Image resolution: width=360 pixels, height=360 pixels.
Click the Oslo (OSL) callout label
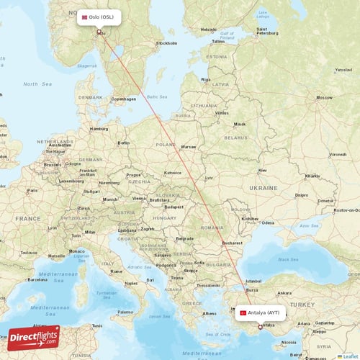click(x=100, y=17)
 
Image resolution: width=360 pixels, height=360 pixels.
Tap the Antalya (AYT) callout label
click(x=260, y=313)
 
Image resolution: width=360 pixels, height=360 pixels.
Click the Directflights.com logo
click(x=34, y=338)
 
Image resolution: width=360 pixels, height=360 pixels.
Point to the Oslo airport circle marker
click(x=99, y=32)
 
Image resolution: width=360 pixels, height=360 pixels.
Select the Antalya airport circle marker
click(x=261, y=327)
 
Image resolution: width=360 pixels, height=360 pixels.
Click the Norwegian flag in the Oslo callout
click(x=85, y=17)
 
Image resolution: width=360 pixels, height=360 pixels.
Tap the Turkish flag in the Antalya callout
click(x=243, y=313)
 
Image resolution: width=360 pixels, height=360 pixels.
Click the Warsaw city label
click(x=189, y=146)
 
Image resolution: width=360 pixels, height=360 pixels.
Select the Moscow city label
click(x=324, y=97)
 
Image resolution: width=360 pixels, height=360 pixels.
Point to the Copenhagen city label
click(x=120, y=99)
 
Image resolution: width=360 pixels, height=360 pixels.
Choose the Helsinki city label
click(x=208, y=30)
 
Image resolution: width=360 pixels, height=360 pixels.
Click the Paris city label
click(x=32, y=190)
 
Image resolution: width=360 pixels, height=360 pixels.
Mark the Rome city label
click(x=116, y=271)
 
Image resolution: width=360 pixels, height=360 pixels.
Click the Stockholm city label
click(x=166, y=43)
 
